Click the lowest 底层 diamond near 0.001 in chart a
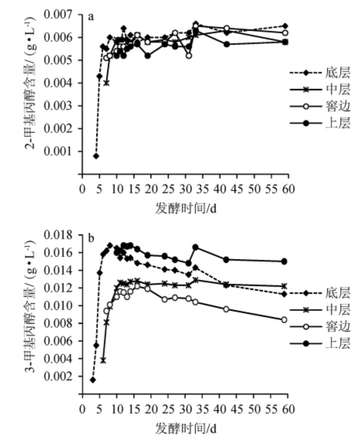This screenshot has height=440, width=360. click(96, 156)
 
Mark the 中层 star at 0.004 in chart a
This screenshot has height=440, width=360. click(106, 83)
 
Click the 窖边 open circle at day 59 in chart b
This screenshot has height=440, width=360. click(284, 319)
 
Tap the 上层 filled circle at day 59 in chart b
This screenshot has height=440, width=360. click(284, 261)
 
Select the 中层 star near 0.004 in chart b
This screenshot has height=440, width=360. click(103, 360)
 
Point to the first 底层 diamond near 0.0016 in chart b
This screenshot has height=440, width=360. click(93, 380)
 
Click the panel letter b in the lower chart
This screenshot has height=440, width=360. click(91, 238)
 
